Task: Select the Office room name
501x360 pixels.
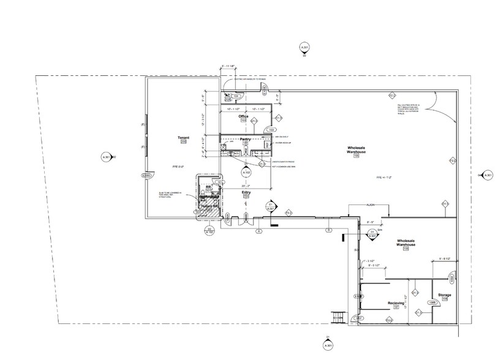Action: click(x=243, y=116)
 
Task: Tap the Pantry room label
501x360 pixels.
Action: click(x=245, y=140)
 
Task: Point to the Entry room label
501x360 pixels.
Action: click(x=246, y=192)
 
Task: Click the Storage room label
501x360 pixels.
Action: click(x=444, y=295)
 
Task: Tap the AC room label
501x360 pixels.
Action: click(x=227, y=96)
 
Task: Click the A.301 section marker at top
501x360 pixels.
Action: click(x=304, y=48)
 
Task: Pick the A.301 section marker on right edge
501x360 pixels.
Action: click(x=488, y=176)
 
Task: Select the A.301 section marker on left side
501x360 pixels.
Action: click(x=105, y=157)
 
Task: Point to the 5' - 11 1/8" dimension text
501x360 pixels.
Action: click(x=228, y=66)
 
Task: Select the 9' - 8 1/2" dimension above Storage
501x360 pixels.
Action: click(x=445, y=260)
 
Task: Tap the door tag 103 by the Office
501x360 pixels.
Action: click(x=270, y=130)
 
